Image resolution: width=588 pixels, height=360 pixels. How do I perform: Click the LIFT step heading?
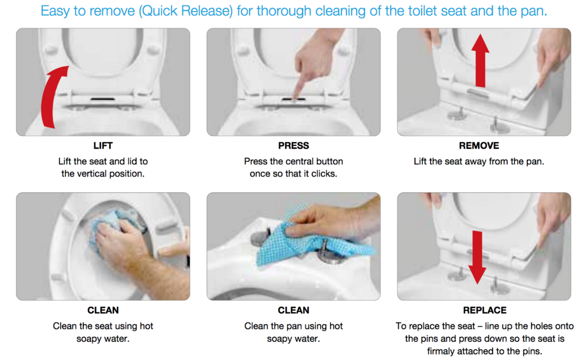(x=103, y=146)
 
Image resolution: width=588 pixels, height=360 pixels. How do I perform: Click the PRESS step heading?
(x=294, y=146)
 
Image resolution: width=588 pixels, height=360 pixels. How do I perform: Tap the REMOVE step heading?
(x=479, y=146)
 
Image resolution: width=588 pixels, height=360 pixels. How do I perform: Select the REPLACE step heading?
(x=485, y=310)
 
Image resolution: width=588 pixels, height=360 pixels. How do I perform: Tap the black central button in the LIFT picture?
(x=103, y=99)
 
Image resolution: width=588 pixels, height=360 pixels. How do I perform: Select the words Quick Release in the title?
(x=186, y=11)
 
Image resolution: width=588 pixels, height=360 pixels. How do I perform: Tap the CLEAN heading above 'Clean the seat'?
(x=103, y=310)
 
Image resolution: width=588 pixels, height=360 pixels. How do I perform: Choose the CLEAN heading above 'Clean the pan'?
(x=294, y=310)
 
